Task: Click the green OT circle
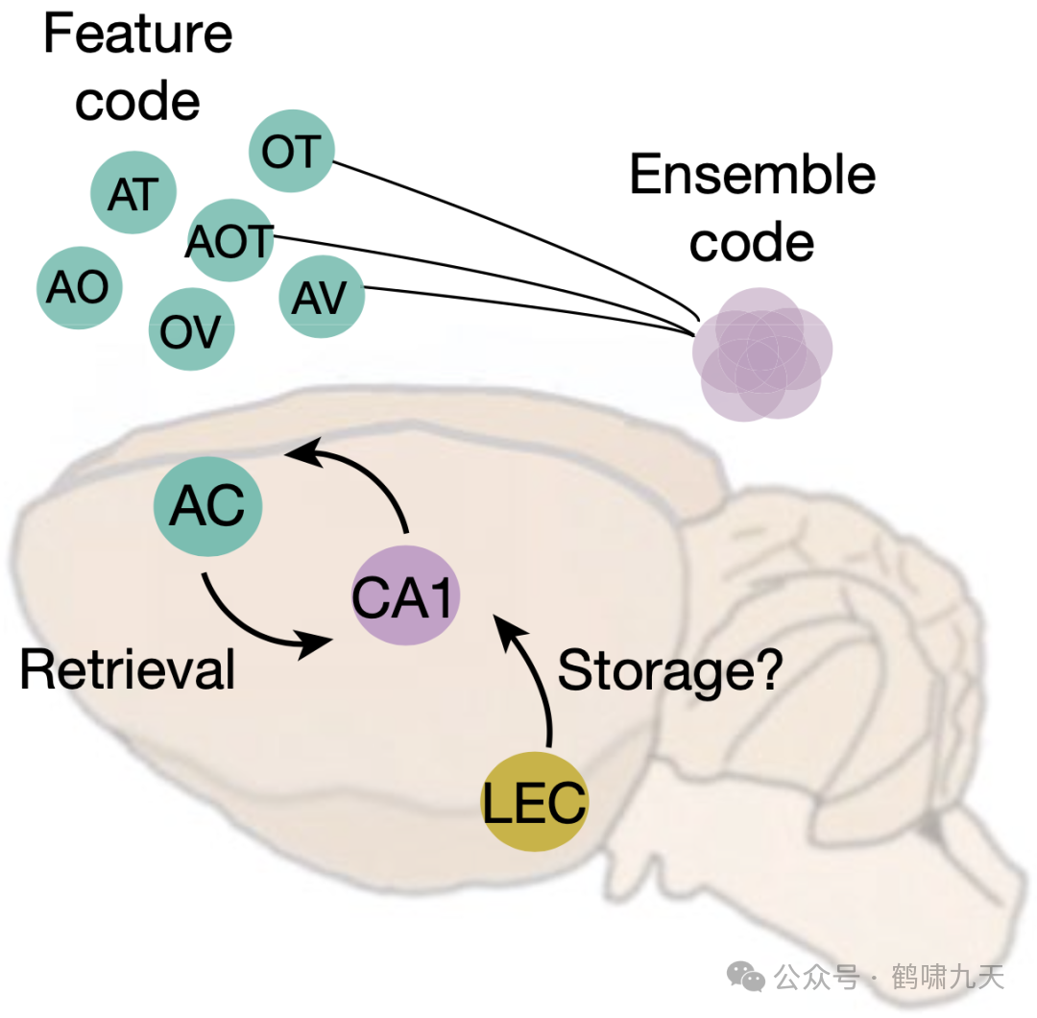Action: pyautogui.click(x=291, y=151)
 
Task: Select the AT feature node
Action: pyautogui.click(x=133, y=194)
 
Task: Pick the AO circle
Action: pyautogui.click(x=79, y=287)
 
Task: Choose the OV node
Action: pyautogui.click(x=190, y=330)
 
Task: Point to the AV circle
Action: pyautogui.click(x=322, y=297)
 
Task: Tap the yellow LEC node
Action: pyautogui.click(x=534, y=803)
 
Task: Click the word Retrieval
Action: pyautogui.click(x=127, y=669)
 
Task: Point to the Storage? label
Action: pyautogui.click(x=671, y=669)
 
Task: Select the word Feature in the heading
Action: pyautogui.click(x=137, y=34)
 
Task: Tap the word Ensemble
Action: pyautogui.click(x=752, y=176)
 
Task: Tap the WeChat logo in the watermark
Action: pyautogui.click(x=746, y=978)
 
